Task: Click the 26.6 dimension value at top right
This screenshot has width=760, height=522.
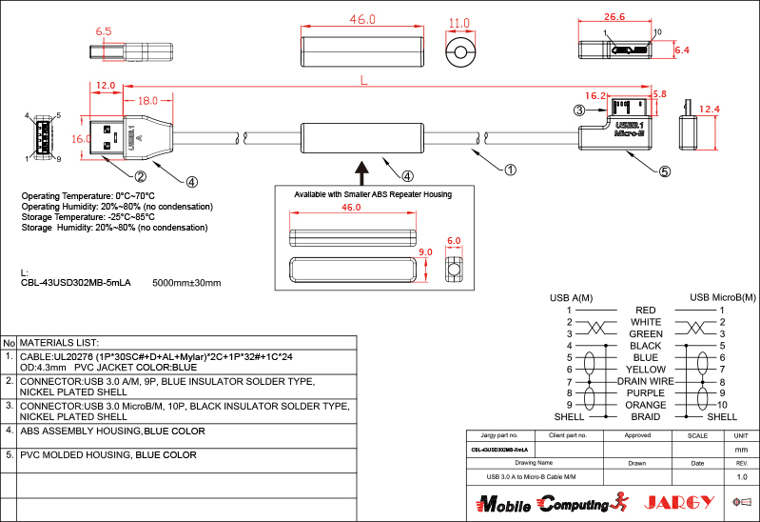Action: pyautogui.click(x=614, y=16)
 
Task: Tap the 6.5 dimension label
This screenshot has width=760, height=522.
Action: pyautogui.click(x=104, y=31)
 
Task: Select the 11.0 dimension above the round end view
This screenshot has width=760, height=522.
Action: pyautogui.click(x=459, y=23)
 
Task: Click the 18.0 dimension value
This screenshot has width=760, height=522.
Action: pyautogui.click(x=147, y=100)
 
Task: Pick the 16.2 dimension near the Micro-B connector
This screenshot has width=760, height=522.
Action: pyautogui.click(x=595, y=95)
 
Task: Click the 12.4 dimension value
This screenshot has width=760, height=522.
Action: pyautogui.click(x=709, y=110)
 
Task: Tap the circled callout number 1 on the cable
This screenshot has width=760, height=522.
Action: pyautogui.click(x=510, y=171)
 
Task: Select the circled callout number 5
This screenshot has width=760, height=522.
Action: pyautogui.click(x=664, y=172)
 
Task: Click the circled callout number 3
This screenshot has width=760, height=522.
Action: pyautogui.click(x=578, y=110)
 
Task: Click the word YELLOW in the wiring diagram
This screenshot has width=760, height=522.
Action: pyautogui.click(x=646, y=369)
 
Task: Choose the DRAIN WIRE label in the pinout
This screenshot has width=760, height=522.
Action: pyautogui.click(x=645, y=381)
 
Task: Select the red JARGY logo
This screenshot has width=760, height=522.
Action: pyautogui.click(x=679, y=502)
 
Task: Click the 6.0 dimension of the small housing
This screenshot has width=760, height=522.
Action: pyautogui.click(x=454, y=241)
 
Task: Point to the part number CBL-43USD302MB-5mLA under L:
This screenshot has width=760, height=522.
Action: pyautogui.click(x=75, y=283)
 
